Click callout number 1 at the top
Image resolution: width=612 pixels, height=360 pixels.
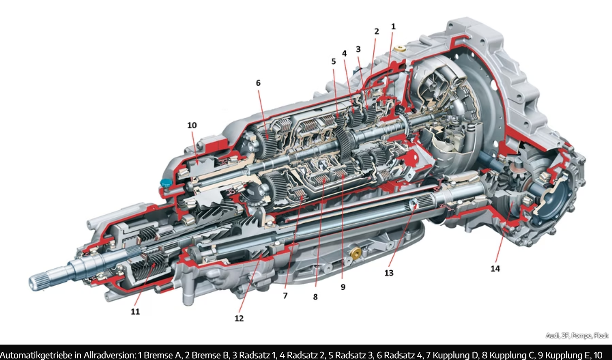pos(393,26)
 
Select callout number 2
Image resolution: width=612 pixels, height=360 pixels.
pos(377,31)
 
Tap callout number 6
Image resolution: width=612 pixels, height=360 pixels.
pos(258,83)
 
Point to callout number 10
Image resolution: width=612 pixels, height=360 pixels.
pos(192,125)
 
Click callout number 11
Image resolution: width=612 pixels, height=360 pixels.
pos(135,312)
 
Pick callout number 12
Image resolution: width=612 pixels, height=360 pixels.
pos(239,318)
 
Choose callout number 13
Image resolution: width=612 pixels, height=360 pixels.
pos(389,273)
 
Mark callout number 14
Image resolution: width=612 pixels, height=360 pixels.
pos(495,269)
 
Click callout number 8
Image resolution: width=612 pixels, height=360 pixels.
pos(315,297)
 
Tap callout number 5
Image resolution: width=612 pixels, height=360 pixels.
pos(333,61)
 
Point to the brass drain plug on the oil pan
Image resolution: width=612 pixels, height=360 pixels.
pos(356,254)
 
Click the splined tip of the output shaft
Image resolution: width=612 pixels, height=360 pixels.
pos(36,283)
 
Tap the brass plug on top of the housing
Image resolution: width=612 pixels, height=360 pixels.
pos(400,49)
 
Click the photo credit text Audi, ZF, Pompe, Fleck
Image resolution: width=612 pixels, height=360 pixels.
pos(577,335)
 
